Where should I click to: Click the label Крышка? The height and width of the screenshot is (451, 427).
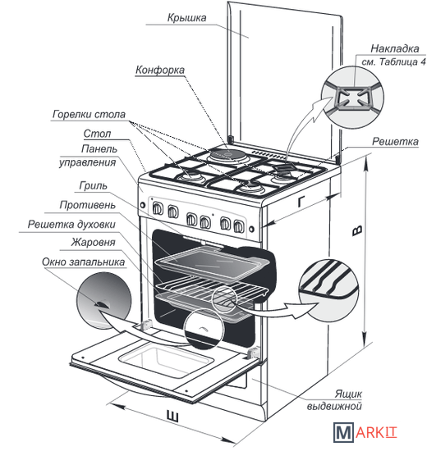[x=186, y=18]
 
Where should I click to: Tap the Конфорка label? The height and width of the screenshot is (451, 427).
[x=160, y=70]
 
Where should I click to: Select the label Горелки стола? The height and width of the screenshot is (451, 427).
[x=89, y=115]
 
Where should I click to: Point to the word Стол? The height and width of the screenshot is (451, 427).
[x=97, y=134]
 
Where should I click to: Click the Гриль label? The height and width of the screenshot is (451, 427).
[x=93, y=186]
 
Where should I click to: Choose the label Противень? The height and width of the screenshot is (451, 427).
[x=88, y=205]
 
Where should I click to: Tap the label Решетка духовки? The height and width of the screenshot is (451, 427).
[x=71, y=225]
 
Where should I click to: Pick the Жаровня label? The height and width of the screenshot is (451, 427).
[x=93, y=243]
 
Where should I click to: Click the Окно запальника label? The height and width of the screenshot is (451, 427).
[x=84, y=262]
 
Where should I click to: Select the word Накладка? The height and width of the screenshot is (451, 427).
[x=395, y=48]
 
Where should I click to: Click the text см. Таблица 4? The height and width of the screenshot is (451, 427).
[x=393, y=61]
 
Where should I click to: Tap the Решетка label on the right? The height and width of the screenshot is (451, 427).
[x=395, y=142]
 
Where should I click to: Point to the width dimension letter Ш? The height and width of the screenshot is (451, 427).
[x=172, y=417]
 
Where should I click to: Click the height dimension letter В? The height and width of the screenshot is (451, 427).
[x=357, y=230]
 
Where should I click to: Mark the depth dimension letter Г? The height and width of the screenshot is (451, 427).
[x=301, y=202]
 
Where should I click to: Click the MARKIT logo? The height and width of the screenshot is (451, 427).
[x=365, y=432]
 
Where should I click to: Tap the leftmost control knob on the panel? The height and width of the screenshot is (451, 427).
[x=158, y=208]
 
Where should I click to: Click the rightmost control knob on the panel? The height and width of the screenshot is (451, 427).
[x=238, y=226]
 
